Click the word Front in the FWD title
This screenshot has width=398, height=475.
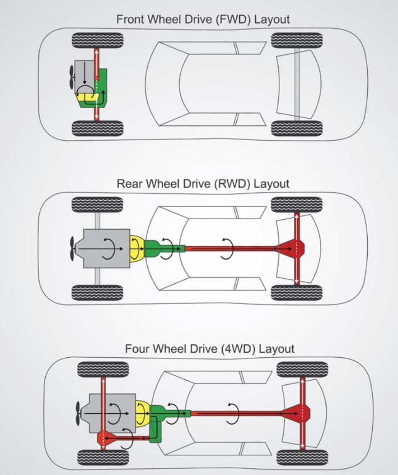[x=131, y=19]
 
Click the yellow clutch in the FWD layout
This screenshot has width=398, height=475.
[x=87, y=97]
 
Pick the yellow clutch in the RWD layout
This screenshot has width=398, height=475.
[x=137, y=249]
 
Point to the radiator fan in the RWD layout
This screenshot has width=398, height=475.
[x=72, y=249]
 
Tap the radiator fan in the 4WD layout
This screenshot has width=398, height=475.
[x=78, y=414]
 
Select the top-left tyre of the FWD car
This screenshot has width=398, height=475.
[x=98, y=40]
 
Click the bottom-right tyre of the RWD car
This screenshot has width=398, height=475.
[x=297, y=293]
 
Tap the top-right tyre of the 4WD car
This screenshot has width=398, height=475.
[x=302, y=369]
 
